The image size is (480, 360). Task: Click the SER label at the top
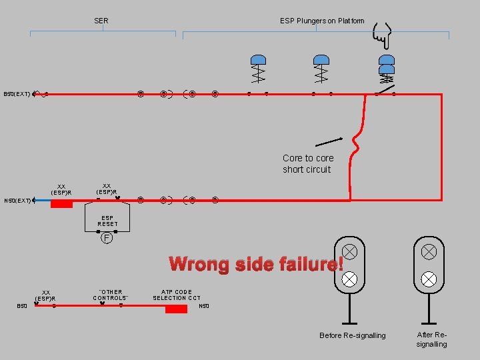[x=101, y=21]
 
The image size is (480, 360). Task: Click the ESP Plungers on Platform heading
[x=322, y=21]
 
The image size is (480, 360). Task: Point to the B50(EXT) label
[x=17, y=95]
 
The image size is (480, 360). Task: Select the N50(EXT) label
[x=17, y=200]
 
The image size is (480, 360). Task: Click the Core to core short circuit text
[x=307, y=163]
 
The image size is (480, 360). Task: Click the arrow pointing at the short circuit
[x=329, y=142]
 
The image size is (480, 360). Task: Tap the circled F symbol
[x=106, y=237]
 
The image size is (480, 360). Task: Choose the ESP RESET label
[x=107, y=221]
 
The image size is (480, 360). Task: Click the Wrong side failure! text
[x=256, y=264]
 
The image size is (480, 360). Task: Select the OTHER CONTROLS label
[x=111, y=295]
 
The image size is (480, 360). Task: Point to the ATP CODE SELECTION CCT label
[x=177, y=295]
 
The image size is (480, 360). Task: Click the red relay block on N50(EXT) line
[x=61, y=203]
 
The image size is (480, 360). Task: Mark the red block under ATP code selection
[x=176, y=309]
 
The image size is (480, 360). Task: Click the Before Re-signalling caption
[x=352, y=335]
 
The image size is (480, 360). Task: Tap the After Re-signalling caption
[x=431, y=339]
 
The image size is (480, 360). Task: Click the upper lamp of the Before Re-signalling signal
[x=349, y=252]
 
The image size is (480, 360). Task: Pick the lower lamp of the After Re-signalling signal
[x=429, y=279]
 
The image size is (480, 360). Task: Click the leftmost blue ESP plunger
[x=257, y=59]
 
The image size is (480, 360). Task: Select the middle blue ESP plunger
[x=321, y=59]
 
